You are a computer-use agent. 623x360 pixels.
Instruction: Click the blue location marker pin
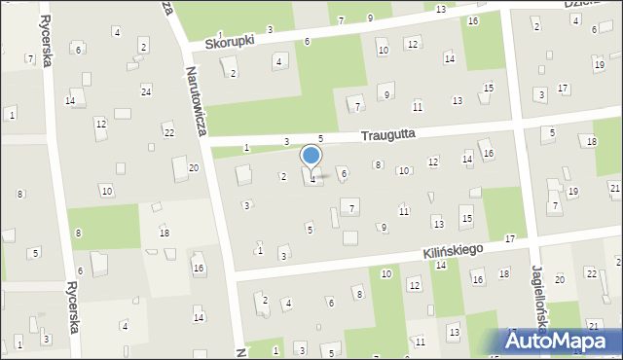pyautogui.click(x=311, y=156)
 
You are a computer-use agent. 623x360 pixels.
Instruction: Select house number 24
pyautogui.click(x=146, y=91)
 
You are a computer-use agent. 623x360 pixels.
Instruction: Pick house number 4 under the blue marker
pyautogui.click(x=312, y=178)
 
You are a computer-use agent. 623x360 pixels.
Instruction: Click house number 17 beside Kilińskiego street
pyautogui.click(x=510, y=239)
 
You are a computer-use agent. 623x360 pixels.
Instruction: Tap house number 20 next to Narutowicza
pyautogui.click(x=194, y=168)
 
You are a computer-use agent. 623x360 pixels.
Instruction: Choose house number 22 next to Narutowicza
pyautogui.click(x=168, y=132)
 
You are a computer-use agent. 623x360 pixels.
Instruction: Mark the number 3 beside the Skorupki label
pyautogui.click(x=270, y=30)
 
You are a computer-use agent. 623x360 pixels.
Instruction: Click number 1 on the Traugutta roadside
pyautogui.click(x=246, y=148)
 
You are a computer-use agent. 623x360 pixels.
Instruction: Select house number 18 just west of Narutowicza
pyautogui.click(x=165, y=234)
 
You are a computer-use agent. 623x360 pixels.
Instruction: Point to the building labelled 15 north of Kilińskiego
pyautogui.click(x=467, y=219)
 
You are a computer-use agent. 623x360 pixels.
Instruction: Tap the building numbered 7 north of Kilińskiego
pyautogui.click(x=352, y=207)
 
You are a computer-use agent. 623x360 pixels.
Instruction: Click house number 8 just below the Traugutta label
pyautogui.click(x=378, y=165)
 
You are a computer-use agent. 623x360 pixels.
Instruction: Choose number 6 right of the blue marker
pyautogui.click(x=344, y=173)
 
